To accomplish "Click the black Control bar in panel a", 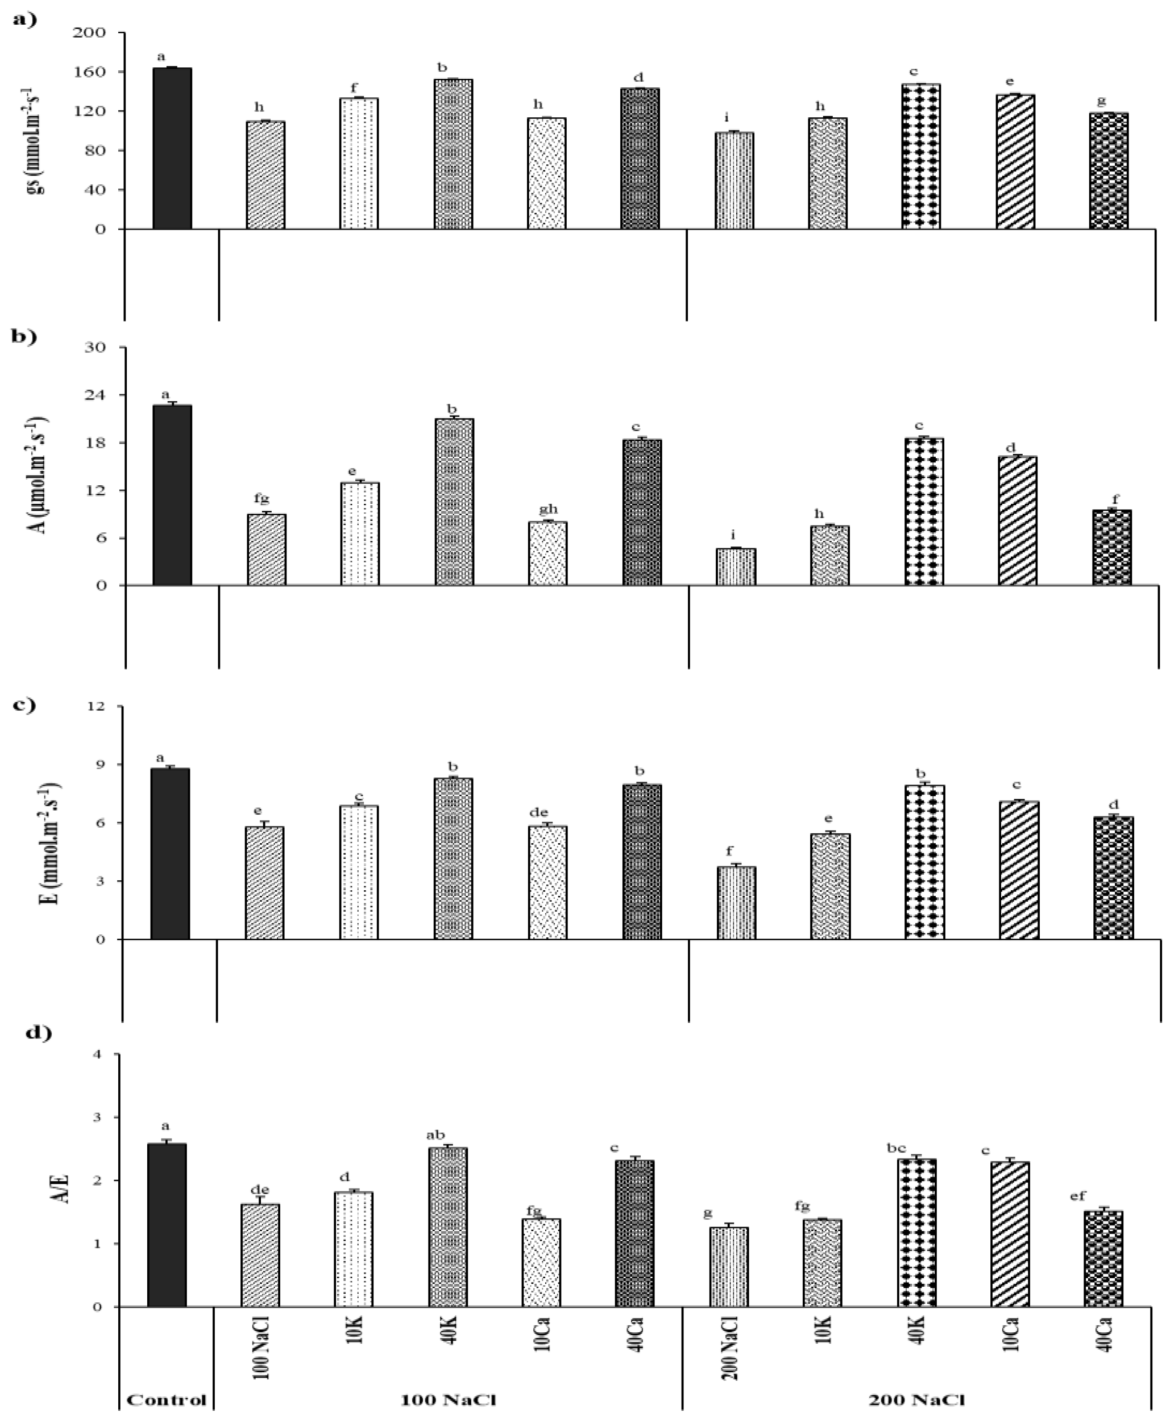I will click(172, 149).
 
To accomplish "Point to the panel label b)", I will click(25, 336).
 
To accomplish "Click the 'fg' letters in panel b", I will click(262, 499).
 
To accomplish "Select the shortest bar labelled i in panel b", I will click(736, 567).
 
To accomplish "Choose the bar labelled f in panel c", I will click(736, 903).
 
